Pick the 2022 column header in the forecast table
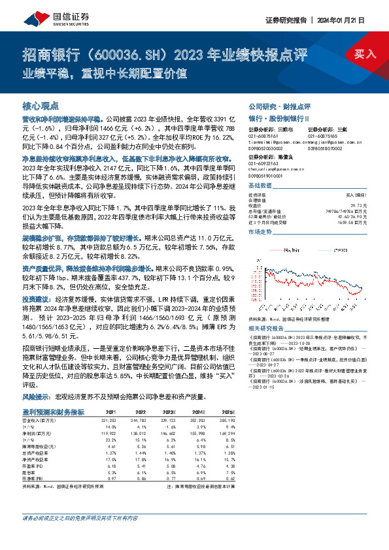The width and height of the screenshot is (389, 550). pyautogui.click(x=141, y=413)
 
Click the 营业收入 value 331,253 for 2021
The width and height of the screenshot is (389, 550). pyautogui.click(x=110, y=420)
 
